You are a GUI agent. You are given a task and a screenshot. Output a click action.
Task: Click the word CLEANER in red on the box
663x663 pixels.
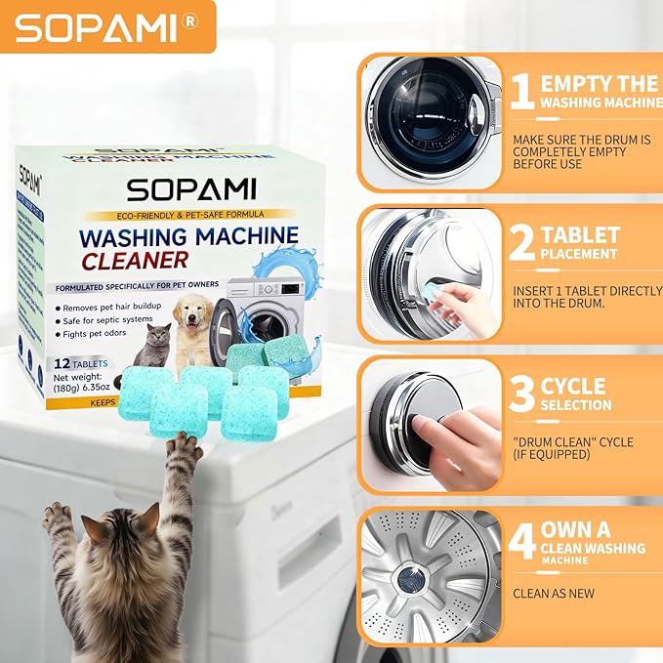[135, 260]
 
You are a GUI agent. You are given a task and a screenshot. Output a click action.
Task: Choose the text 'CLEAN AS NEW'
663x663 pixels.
[554, 593]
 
